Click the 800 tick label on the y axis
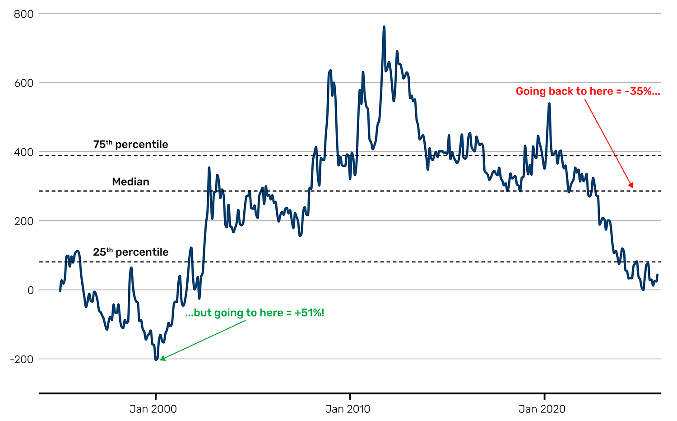click(23, 14)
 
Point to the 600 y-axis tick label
click(23, 83)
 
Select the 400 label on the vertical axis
click(23, 152)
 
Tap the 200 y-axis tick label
click(23, 221)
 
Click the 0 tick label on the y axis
click(30, 290)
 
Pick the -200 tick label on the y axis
click(22, 360)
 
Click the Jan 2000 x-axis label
click(153, 409)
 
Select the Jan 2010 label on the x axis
click(348, 409)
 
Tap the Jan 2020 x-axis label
click(542, 409)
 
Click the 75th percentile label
click(130, 145)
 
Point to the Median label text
click(130, 182)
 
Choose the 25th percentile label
click(130, 252)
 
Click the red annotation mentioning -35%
click(588, 91)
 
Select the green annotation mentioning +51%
click(255, 313)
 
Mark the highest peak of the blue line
click(384, 27)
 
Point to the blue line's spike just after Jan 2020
click(549, 103)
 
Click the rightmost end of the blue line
click(657, 275)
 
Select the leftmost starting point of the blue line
click(60, 290)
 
